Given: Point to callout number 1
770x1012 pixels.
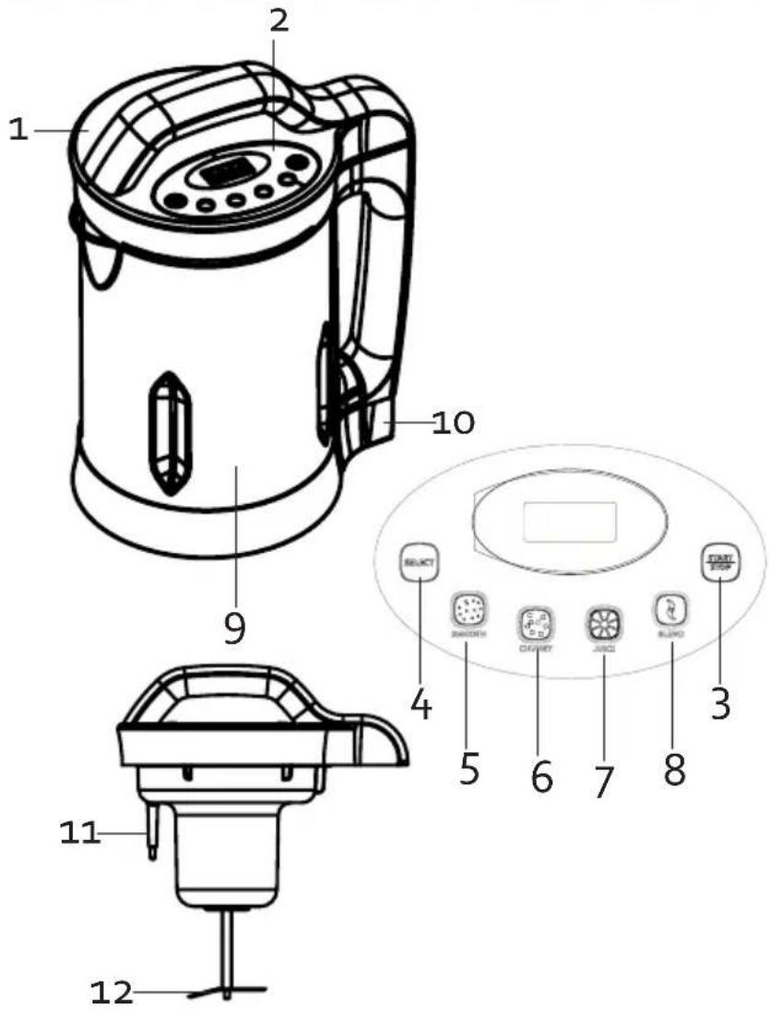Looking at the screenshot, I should [x=18, y=131].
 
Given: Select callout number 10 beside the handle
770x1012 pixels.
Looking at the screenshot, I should [x=453, y=423].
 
